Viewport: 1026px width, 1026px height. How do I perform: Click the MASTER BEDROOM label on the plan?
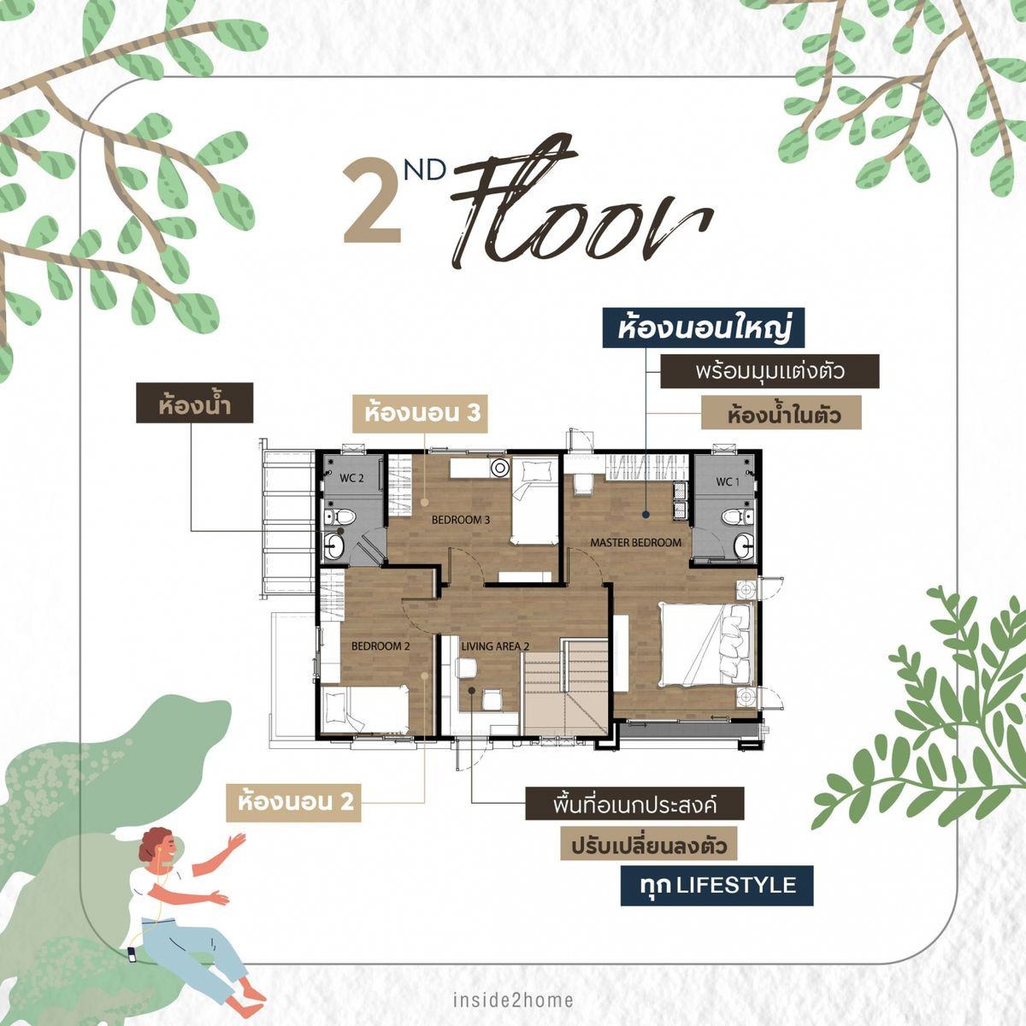(x=636, y=543)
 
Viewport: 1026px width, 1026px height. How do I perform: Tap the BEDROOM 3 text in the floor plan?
(x=460, y=520)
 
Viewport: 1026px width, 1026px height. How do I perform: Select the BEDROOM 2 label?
(x=380, y=646)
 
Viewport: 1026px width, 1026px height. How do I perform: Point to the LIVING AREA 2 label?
(x=496, y=646)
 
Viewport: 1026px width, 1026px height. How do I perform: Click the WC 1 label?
(x=726, y=481)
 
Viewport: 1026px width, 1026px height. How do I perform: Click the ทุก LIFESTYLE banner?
(x=716, y=885)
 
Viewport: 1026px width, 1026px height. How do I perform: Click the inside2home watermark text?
(x=513, y=999)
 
